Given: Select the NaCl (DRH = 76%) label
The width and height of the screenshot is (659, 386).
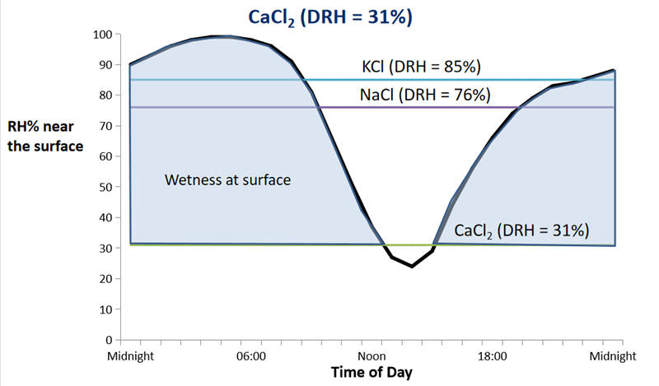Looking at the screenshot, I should [x=425, y=95].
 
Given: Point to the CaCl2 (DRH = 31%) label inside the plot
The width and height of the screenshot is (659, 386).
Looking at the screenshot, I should [x=521, y=230].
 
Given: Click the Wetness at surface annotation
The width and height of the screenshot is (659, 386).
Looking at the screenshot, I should [x=227, y=179].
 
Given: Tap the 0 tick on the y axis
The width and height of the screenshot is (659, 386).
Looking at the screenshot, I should [x=108, y=339].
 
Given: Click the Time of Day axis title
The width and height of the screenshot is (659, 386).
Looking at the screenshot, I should [x=372, y=372].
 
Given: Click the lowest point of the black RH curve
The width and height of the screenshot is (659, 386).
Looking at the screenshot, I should [x=412, y=266].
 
